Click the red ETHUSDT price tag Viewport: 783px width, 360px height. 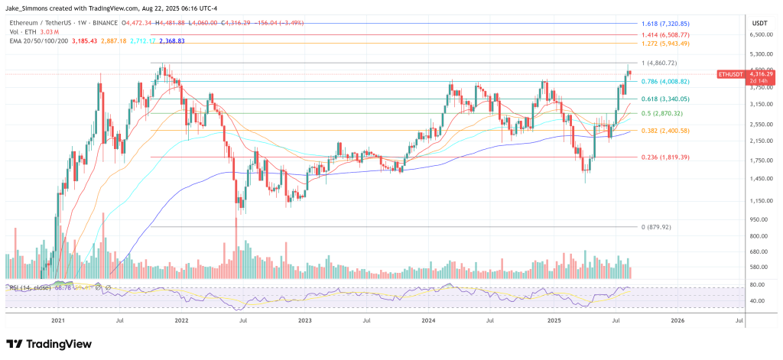(x=729, y=73)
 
